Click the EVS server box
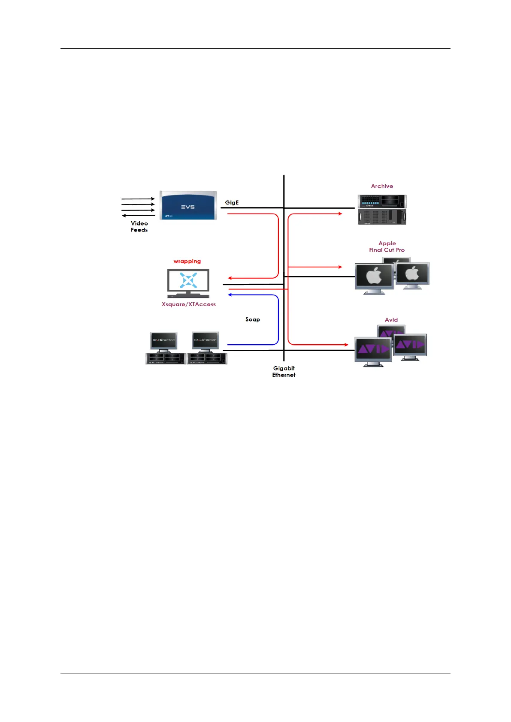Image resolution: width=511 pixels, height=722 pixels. pos(188,205)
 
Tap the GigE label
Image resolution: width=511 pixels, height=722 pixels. pos(232,202)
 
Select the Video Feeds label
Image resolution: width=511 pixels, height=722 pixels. pos(139,226)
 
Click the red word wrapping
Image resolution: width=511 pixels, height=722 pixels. pos(187,261)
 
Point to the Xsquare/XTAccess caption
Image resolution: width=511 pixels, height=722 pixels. pos(188,304)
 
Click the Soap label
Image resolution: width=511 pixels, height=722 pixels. pos(253,319)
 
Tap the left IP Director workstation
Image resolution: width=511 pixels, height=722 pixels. pos(165,348)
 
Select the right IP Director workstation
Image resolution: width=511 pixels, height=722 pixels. pos(206,348)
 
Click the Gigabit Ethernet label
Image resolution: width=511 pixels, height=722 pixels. pos(284,371)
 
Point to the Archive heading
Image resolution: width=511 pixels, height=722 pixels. pos(382,186)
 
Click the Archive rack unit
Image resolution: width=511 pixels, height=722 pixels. pos(382,210)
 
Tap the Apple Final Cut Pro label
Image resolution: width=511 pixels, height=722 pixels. pos(387,247)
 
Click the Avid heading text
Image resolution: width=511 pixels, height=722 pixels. pos(391,320)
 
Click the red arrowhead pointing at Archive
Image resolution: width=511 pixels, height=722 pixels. pos(340,214)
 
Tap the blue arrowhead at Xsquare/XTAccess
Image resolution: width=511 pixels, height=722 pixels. pos(230,295)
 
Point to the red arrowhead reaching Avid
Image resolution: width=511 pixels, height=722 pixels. pos(346,345)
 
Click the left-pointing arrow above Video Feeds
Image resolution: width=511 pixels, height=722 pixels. pos(124,216)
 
